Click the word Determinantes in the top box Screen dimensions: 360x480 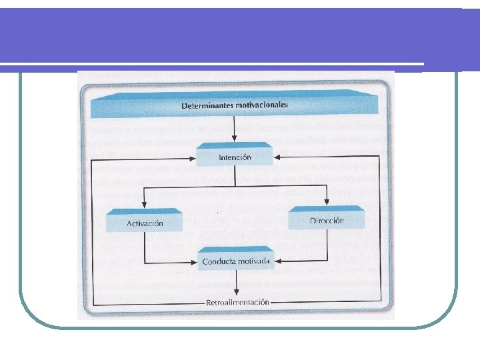207,105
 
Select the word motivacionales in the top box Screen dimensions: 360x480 262,105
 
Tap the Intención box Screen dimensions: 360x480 235,158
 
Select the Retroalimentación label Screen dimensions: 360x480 238,303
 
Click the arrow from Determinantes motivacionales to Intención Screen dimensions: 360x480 235,133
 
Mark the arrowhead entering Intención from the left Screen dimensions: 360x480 193,158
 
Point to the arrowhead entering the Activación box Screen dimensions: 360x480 144,208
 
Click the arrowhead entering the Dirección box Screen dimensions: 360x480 327,205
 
